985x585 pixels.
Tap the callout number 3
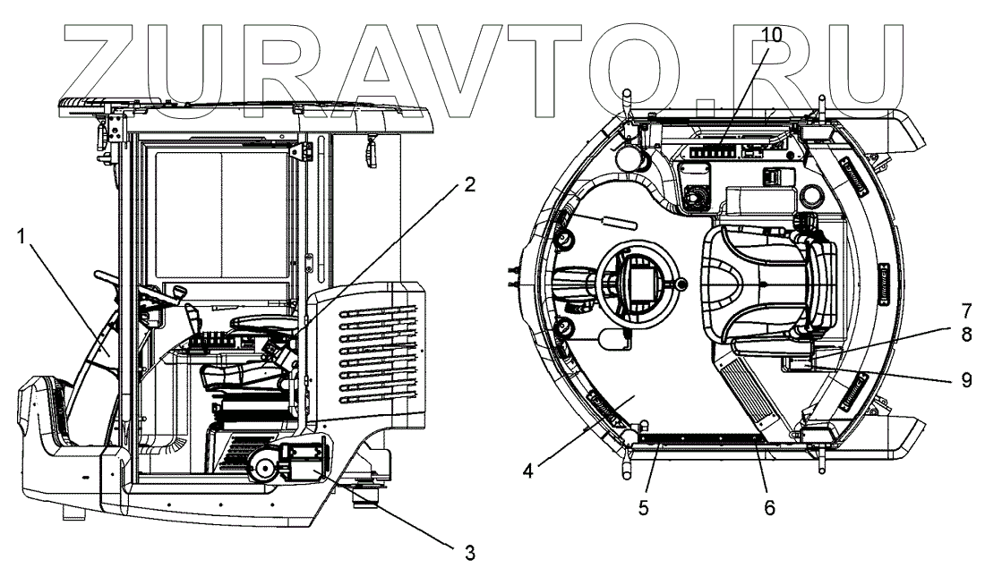click(469, 552)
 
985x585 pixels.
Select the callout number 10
click(771, 34)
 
